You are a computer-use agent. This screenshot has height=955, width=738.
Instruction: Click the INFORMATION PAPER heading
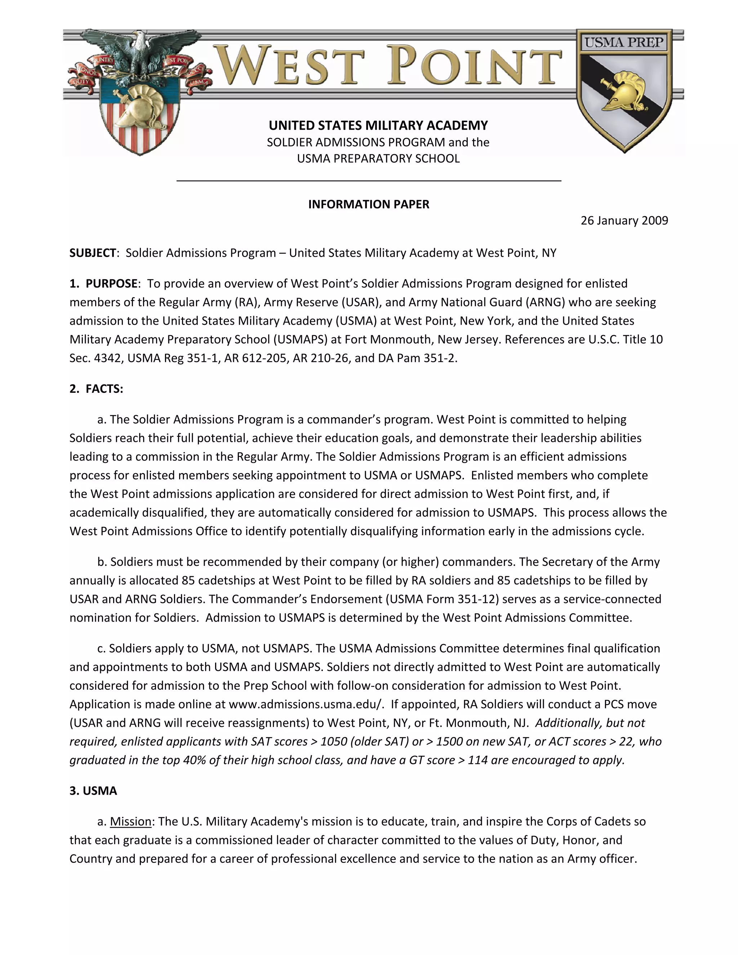pyautogui.click(x=369, y=204)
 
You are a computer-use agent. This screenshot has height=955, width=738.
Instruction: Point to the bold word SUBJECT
pyautogui.click(x=93, y=253)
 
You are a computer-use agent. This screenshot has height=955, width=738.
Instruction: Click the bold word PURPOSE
pyautogui.click(x=111, y=283)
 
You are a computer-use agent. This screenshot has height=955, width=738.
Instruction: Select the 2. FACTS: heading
pyautogui.click(x=96, y=389)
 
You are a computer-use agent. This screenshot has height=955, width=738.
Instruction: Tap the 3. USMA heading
pyautogui.click(x=93, y=791)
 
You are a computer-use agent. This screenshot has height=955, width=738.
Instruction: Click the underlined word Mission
pyautogui.click(x=130, y=821)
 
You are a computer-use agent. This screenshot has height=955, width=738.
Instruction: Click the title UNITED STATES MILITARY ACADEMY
pyautogui.click(x=378, y=125)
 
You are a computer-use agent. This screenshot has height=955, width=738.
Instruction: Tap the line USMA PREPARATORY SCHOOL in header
pyautogui.click(x=378, y=158)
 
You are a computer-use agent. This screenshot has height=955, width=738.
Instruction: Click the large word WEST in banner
pyautogui.click(x=291, y=66)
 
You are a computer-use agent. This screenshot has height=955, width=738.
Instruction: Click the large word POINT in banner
pyautogui.click(x=474, y=66)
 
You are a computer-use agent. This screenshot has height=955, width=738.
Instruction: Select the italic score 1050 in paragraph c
pyautogui.click(x=334, y=742)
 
